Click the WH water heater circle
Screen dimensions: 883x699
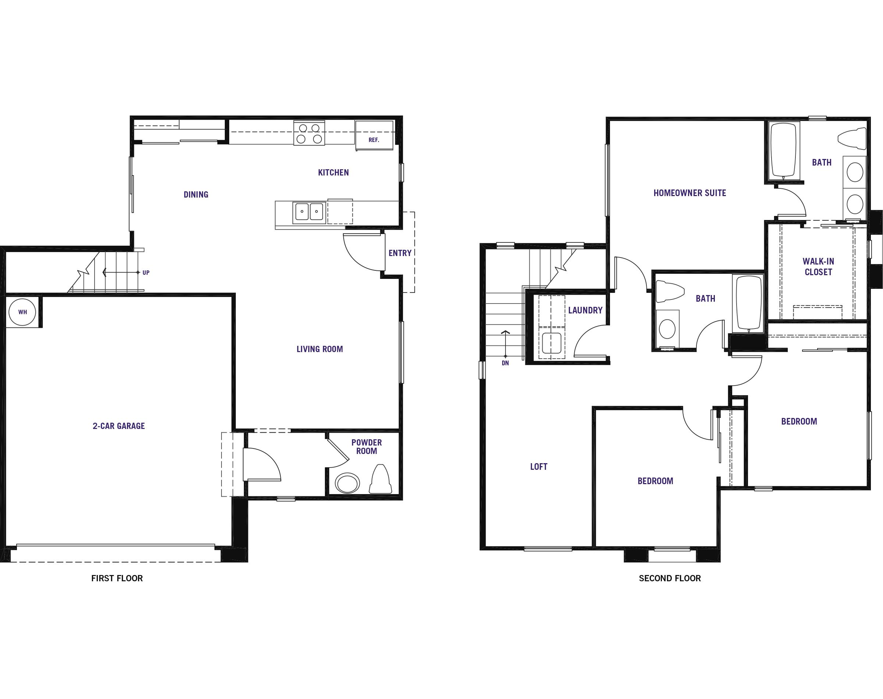[22, 312]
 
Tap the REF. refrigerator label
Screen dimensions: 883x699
[373, 140]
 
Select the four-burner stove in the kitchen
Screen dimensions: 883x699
[309, 133]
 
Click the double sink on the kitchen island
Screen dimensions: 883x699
[309, 212]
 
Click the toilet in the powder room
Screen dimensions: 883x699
[380, 479]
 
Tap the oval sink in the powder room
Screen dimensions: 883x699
[347, 483]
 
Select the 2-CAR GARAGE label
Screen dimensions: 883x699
[119, 426]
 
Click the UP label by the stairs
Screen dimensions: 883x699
[146, 273]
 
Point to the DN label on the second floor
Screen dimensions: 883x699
[505, 363]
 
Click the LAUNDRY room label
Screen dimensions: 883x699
[585, 310]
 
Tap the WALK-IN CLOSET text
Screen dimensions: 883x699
[818, 266]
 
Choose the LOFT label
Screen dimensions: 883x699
[539, 466]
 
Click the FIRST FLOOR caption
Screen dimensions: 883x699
[117, 578]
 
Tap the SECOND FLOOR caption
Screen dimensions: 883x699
[670, 578]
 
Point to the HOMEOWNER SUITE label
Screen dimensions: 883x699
[689, 193]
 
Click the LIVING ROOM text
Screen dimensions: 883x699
[320, 349]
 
